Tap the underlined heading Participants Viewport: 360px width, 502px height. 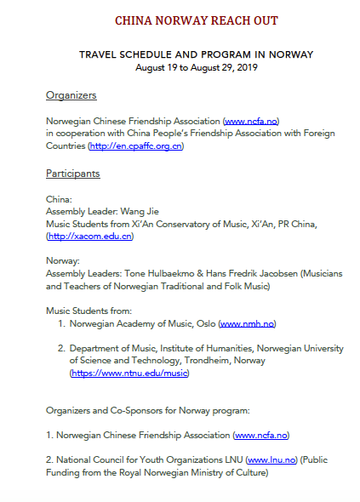(x=73, y=174)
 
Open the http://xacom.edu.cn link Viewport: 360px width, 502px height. (x=91, y=237)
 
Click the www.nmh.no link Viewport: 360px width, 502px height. (x=247, y=324)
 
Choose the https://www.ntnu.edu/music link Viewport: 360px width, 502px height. (x=129, y=373)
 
